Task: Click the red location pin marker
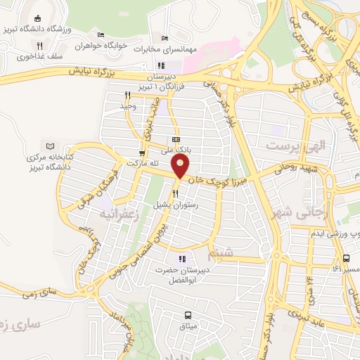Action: click(181, 167)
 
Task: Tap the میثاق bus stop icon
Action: click(188, 314)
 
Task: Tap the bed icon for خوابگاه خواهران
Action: click(101, 35)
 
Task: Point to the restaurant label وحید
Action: click(127, 105)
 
